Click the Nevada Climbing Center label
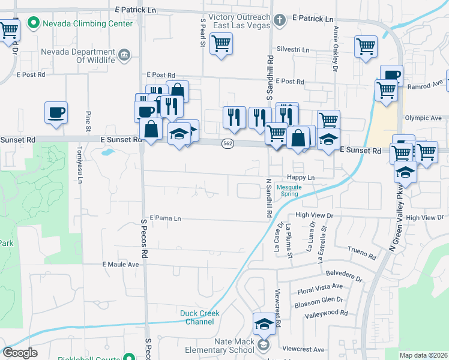(x=86, y=24)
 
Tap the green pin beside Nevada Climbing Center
(x=34, y=24)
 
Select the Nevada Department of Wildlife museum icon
(x=125, y=56)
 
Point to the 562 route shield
(x=228, y=144)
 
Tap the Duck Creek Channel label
(x=200, y=317)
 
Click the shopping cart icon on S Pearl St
(x=221, y=44)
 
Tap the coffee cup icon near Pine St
(x=56, y=112)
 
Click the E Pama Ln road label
(x=166, y=218)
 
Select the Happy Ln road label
(x=301, y=178)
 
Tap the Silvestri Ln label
(x=293, y=50)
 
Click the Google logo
(x=20, y=353)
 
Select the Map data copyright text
(x=423, y=355)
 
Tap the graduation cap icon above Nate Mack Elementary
(x=264, y=325)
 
